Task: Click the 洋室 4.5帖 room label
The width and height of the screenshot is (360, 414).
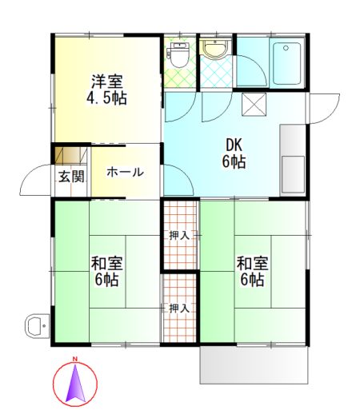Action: [x=106, y=90]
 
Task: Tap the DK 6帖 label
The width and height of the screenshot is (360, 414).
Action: [x=234, y=153]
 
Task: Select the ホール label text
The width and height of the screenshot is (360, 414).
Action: [x=125, y=172]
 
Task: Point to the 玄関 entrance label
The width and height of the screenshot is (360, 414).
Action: [x=71, y=177]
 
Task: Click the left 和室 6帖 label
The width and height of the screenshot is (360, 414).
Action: [x=106, y=271]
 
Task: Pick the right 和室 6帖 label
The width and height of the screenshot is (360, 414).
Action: [x=253, y=271]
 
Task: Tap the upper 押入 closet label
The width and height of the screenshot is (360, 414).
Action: [x=179, y=236]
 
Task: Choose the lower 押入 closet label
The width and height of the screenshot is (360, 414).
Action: [x=179, y=309]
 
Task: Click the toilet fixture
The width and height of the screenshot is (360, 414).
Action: [x=178, y=54]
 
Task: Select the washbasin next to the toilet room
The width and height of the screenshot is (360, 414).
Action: [x=215, y=49]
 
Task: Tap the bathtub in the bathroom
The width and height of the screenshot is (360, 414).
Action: [x=286, y=63]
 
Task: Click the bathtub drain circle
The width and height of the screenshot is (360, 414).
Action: [x=286, y=48]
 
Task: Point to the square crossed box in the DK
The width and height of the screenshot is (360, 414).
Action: [x=254, y=104]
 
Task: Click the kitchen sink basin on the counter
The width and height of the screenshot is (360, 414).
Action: [x=293, y=174]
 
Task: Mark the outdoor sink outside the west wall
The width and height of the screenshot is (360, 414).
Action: [x=37, y=325]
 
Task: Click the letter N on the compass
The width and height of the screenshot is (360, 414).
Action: [x=75, y=359]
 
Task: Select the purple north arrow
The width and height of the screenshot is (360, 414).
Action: [x=75, y=383]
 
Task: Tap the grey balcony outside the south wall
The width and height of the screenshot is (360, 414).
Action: [x=254, y=364]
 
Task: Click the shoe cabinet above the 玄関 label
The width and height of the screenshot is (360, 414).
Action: [x=71, y=155]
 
